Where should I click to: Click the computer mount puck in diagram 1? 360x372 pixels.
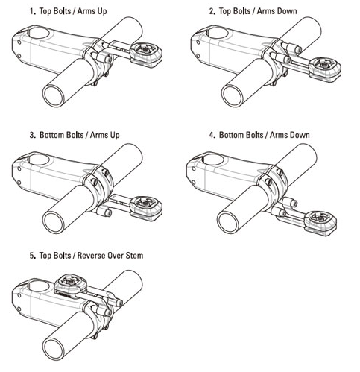tap(146, 54)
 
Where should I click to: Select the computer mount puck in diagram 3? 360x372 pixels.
tap(146, 208)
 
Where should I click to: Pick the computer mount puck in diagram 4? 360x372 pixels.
tap(320, 223)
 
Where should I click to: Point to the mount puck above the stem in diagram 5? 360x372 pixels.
tap(71, 286)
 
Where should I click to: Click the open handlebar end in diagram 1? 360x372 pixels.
tap(54, 96)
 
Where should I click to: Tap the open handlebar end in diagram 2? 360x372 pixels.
tap(233, 96)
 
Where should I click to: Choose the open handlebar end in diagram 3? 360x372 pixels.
tap(54, 222)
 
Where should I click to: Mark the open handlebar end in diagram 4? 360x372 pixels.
tap(228, 222)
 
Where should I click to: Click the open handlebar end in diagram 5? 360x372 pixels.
tap(54, 349)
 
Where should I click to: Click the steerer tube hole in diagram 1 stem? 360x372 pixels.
tap(39, 33)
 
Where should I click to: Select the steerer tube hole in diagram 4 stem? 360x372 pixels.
tap(213, 160)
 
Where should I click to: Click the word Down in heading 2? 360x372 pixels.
tap(288, 11)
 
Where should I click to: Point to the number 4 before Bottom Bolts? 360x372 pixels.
tap(212, 135)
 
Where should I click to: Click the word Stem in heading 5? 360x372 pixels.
tap(134, 256)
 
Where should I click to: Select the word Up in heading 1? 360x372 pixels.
tap(102, 12)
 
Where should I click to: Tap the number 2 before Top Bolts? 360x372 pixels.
tap(212, 11)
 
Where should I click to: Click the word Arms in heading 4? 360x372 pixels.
tap(279, 135)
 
